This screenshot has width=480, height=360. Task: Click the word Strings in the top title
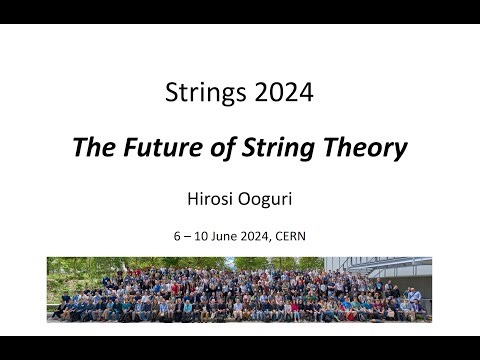[196, 94]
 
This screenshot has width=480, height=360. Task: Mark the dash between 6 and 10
[188, 238]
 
